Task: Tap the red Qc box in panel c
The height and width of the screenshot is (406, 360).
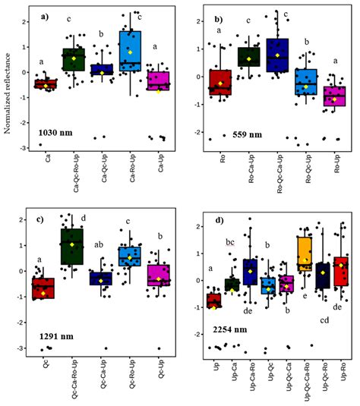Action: pyautogui.click(x=43, y=288)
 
